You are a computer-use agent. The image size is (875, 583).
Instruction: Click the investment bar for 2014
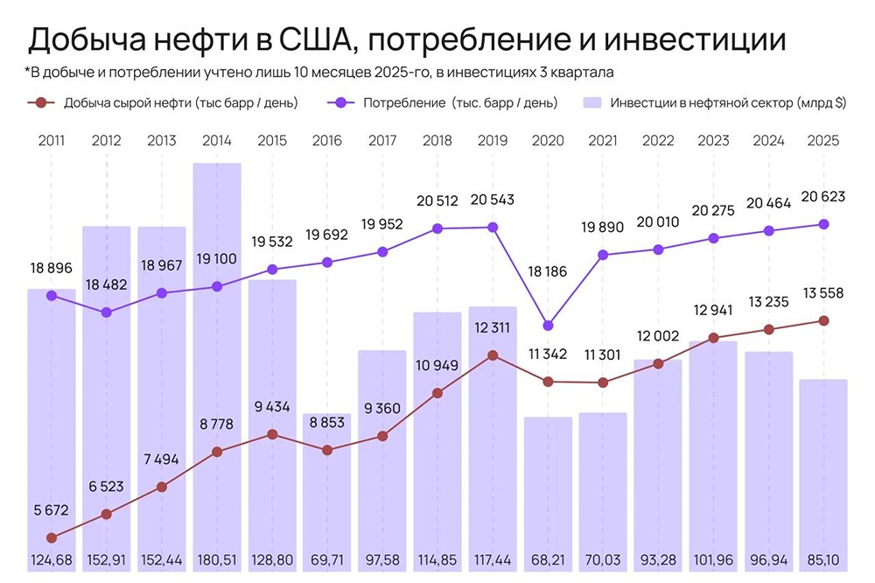click(x=217, y=368)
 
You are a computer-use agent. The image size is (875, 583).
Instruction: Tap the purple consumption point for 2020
click(x=549, y=326)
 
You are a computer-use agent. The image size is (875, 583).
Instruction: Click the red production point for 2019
click(x=493, y=355)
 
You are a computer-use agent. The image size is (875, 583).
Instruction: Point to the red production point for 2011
click(x=51, y=537)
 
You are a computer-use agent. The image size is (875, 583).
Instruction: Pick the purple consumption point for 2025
click(x=823, y=224)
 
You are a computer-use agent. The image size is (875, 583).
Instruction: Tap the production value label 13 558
click(x=823, y=293)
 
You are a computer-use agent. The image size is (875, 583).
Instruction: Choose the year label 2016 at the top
click(x=327, y=139)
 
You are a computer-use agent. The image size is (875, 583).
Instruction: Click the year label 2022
click(x=658, y=139)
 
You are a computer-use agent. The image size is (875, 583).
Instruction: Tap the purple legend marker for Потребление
click(x=339, y=102)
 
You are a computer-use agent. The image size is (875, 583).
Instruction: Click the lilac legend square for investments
click(x=592, y=102)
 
